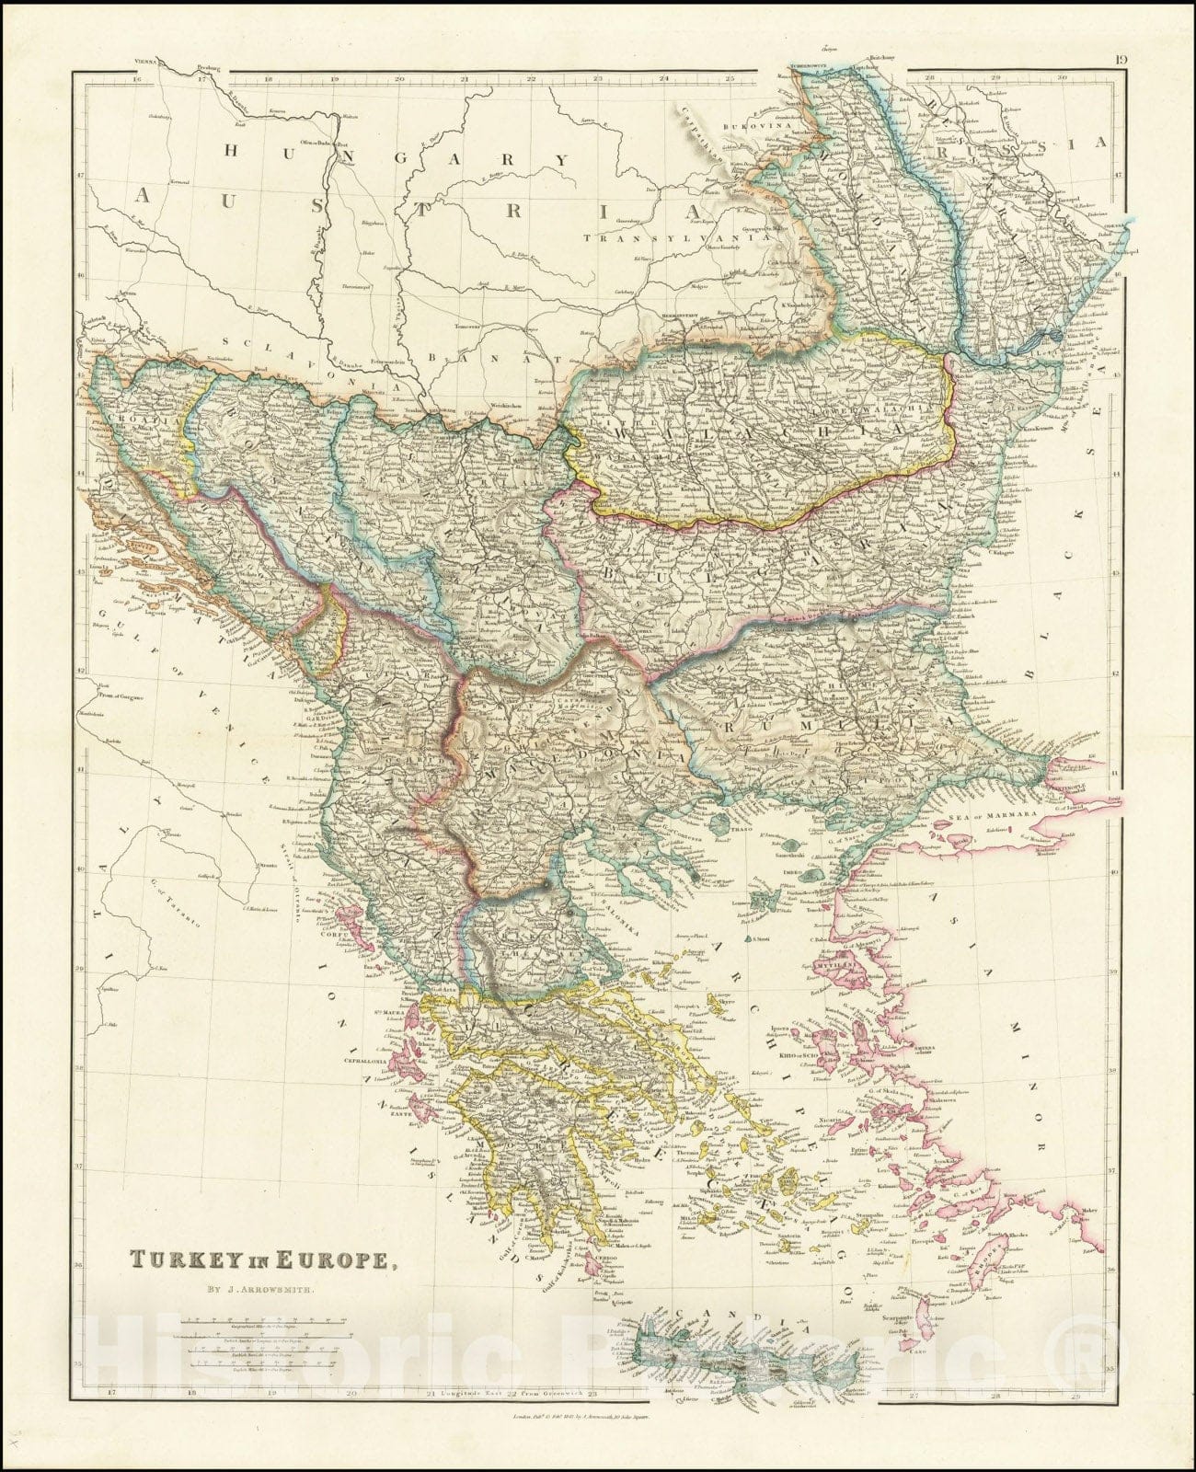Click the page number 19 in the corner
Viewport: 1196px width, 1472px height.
point(1121,62)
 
